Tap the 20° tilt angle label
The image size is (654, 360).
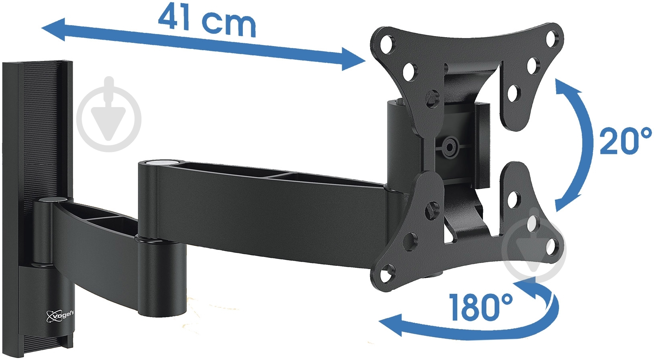(x=624, y=141)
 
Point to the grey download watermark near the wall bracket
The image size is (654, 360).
(x=109, y=114)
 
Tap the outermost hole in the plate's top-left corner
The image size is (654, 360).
(x=387, y=43)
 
